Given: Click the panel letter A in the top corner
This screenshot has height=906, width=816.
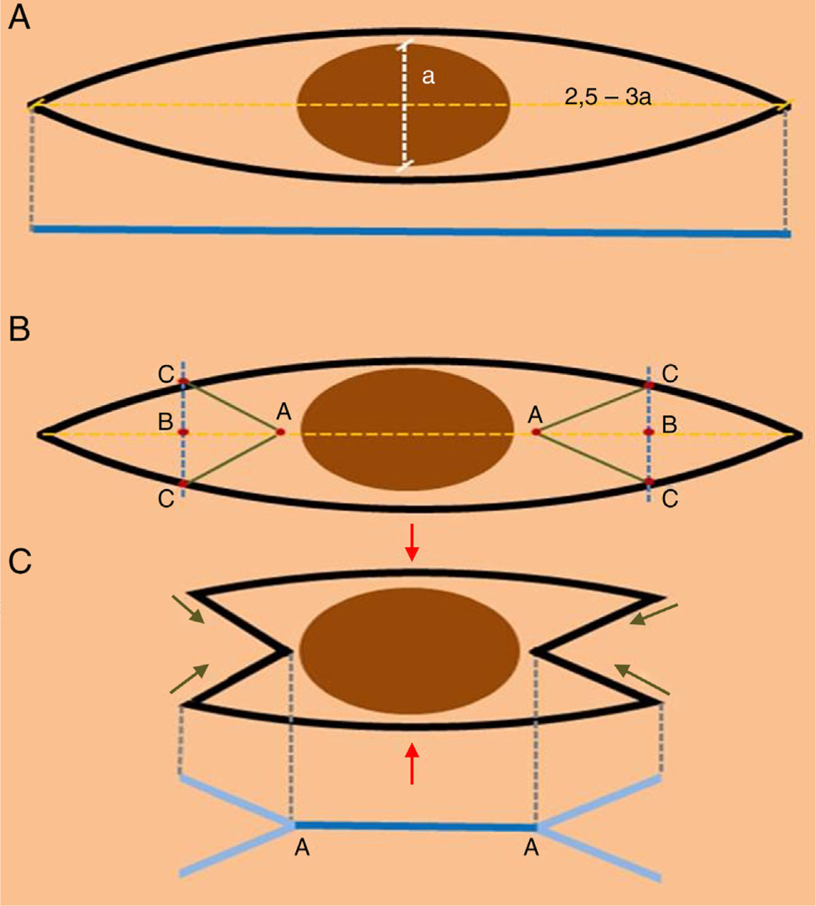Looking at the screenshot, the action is pos(18,18).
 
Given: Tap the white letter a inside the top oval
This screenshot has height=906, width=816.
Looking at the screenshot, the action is pos(428,77).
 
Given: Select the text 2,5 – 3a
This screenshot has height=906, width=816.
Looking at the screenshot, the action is pos(607,97).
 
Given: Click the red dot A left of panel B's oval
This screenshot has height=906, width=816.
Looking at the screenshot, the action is pos(280,432).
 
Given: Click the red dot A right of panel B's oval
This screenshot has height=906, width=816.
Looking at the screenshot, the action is pos(536,432).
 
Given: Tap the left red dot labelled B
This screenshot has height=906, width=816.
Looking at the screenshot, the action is pos(183,432).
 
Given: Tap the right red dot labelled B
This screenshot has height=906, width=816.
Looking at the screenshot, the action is pos(649,432).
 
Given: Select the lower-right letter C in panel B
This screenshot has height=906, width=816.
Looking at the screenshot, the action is pos(670,500).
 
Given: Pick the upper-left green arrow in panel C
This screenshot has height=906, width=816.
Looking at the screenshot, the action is pos(188,609).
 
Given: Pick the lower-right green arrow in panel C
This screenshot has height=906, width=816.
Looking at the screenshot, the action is pos(642,680).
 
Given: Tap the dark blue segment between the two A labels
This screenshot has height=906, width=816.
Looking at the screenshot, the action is pos(414,826).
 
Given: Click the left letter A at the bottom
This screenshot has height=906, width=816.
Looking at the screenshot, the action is pos(302,848).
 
